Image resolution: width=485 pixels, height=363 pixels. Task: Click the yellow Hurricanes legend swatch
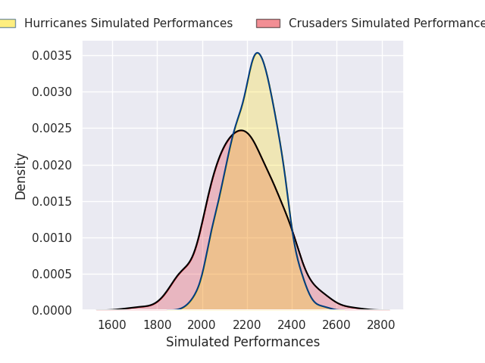[7, 23]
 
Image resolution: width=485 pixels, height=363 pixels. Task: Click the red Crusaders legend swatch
[268, 23]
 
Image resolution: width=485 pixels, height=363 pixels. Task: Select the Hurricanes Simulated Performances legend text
[128, 23]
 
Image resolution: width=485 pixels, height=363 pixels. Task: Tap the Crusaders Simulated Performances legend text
[386, 23]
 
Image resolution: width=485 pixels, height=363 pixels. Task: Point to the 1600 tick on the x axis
[112, 325]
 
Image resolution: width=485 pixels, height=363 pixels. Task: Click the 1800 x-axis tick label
[158, 325]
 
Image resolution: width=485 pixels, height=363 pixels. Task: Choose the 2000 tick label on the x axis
[202, 325]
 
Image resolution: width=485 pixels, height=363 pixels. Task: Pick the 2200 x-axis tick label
[247, 325]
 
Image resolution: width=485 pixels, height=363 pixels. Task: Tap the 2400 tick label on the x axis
[293, 325]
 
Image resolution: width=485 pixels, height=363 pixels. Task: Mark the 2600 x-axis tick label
[337, 325]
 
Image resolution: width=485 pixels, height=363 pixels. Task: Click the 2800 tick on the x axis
[382, 325]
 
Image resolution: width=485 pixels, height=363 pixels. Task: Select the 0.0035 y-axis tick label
[52, 56]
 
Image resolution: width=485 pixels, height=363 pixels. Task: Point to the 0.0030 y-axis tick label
[52, 92]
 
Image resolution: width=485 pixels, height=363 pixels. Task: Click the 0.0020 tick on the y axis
[52, 165]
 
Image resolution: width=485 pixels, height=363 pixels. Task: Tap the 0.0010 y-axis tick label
[52, 237]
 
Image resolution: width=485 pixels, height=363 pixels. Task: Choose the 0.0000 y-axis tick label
[52, 310]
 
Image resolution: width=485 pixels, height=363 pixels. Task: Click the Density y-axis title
[21, 175]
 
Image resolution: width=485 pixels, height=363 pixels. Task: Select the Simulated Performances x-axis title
[242, 343]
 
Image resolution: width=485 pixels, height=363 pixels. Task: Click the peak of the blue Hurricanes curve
[258, 53]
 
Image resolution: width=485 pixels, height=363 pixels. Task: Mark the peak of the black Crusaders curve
[241, 130]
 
